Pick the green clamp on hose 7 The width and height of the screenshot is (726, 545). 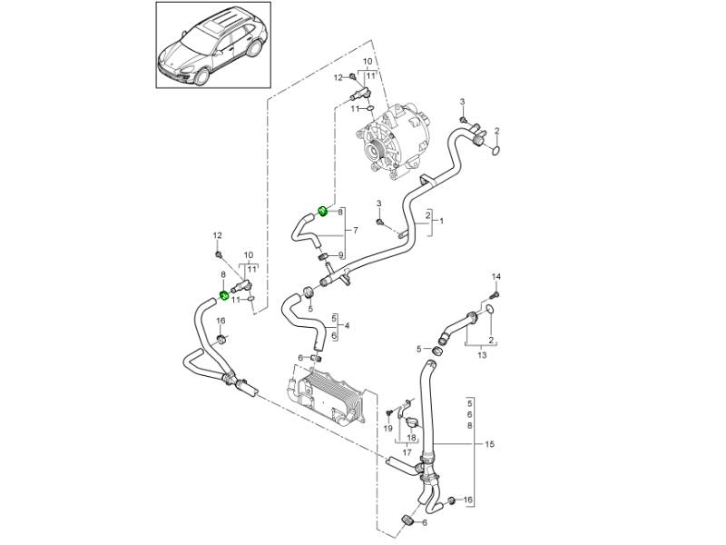[x=322, y=212]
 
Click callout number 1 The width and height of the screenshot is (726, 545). [x=442, y=221]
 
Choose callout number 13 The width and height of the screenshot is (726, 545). [x=482, y=355]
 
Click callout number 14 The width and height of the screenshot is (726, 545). [x=495, y=276]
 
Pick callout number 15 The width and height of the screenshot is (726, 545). [x=491, y=444]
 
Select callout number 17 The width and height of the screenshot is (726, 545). [x=407, y=451]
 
